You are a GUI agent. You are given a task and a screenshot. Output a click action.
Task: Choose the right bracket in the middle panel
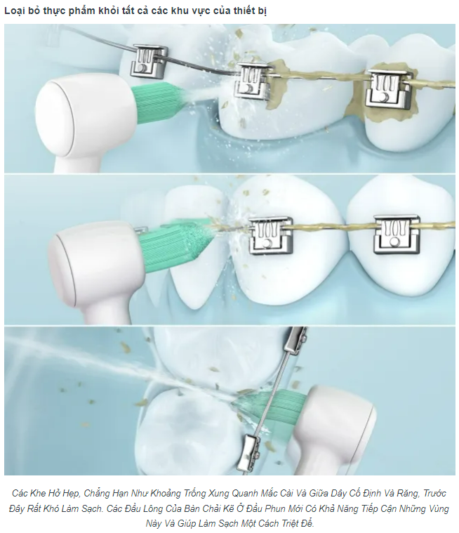[x=396, y=235]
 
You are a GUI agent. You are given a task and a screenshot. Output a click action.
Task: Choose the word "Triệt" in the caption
[x=288, y=523]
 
